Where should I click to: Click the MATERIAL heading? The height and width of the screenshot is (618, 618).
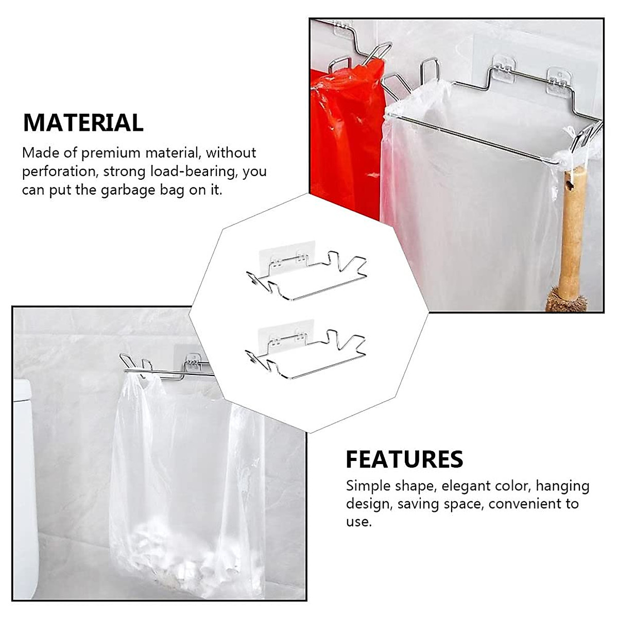point(83,123)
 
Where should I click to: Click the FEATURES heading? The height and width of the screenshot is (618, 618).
point(404,459)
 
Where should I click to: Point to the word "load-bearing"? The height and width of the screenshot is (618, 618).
point(194,171)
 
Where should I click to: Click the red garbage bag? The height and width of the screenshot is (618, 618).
point(345,139)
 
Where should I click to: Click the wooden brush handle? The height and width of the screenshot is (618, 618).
point(572,232)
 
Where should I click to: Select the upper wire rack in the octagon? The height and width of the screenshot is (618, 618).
point(306,278)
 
